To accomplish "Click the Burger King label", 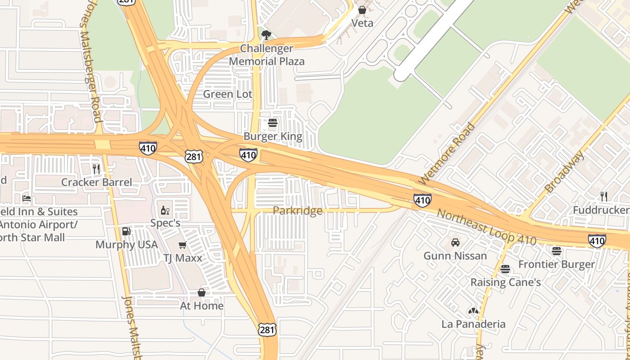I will pyautogui.click(x=273, y=136).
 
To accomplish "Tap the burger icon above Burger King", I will pyautogui.click(x=273, y=123).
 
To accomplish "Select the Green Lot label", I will pyautogui.click(x=228, y=94).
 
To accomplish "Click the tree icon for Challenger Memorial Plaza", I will pyautogui.click(x=266, y=35).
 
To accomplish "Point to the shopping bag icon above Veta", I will pyautogui.click(x=362, y=9).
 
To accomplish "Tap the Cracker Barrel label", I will pyautogui.click(x=97, y=182).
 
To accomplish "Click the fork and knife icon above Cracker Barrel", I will pyautogui.click(x=96, y=169).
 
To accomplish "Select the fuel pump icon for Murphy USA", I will pyautogui.click(x=126, y=231).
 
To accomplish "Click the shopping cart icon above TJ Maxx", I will pyautogui.click(x=182, y=245).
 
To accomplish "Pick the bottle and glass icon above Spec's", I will pyautogui.click(x=165, y=210).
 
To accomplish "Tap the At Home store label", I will pyautogui.click(x=202, y=306).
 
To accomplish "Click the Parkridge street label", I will pyautogui.click(x=297, y=211).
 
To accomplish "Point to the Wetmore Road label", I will pyautogui.click(x=446, y=153).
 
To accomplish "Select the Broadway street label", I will pyautogui.click(x=564, y=172).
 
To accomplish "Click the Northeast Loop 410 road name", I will pyautogui.click(x=486, y=228).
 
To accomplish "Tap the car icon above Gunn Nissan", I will pyautogui.click(x=455, y=243).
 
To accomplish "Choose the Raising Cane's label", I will pyautogui.click(x=505, y=283).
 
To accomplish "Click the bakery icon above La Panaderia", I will pyautogui.click(x=473, y=311).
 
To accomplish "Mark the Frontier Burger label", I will pyautogui.click(x=557, y=264).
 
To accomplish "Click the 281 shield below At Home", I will pyautogui.click(x=266, y=330).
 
